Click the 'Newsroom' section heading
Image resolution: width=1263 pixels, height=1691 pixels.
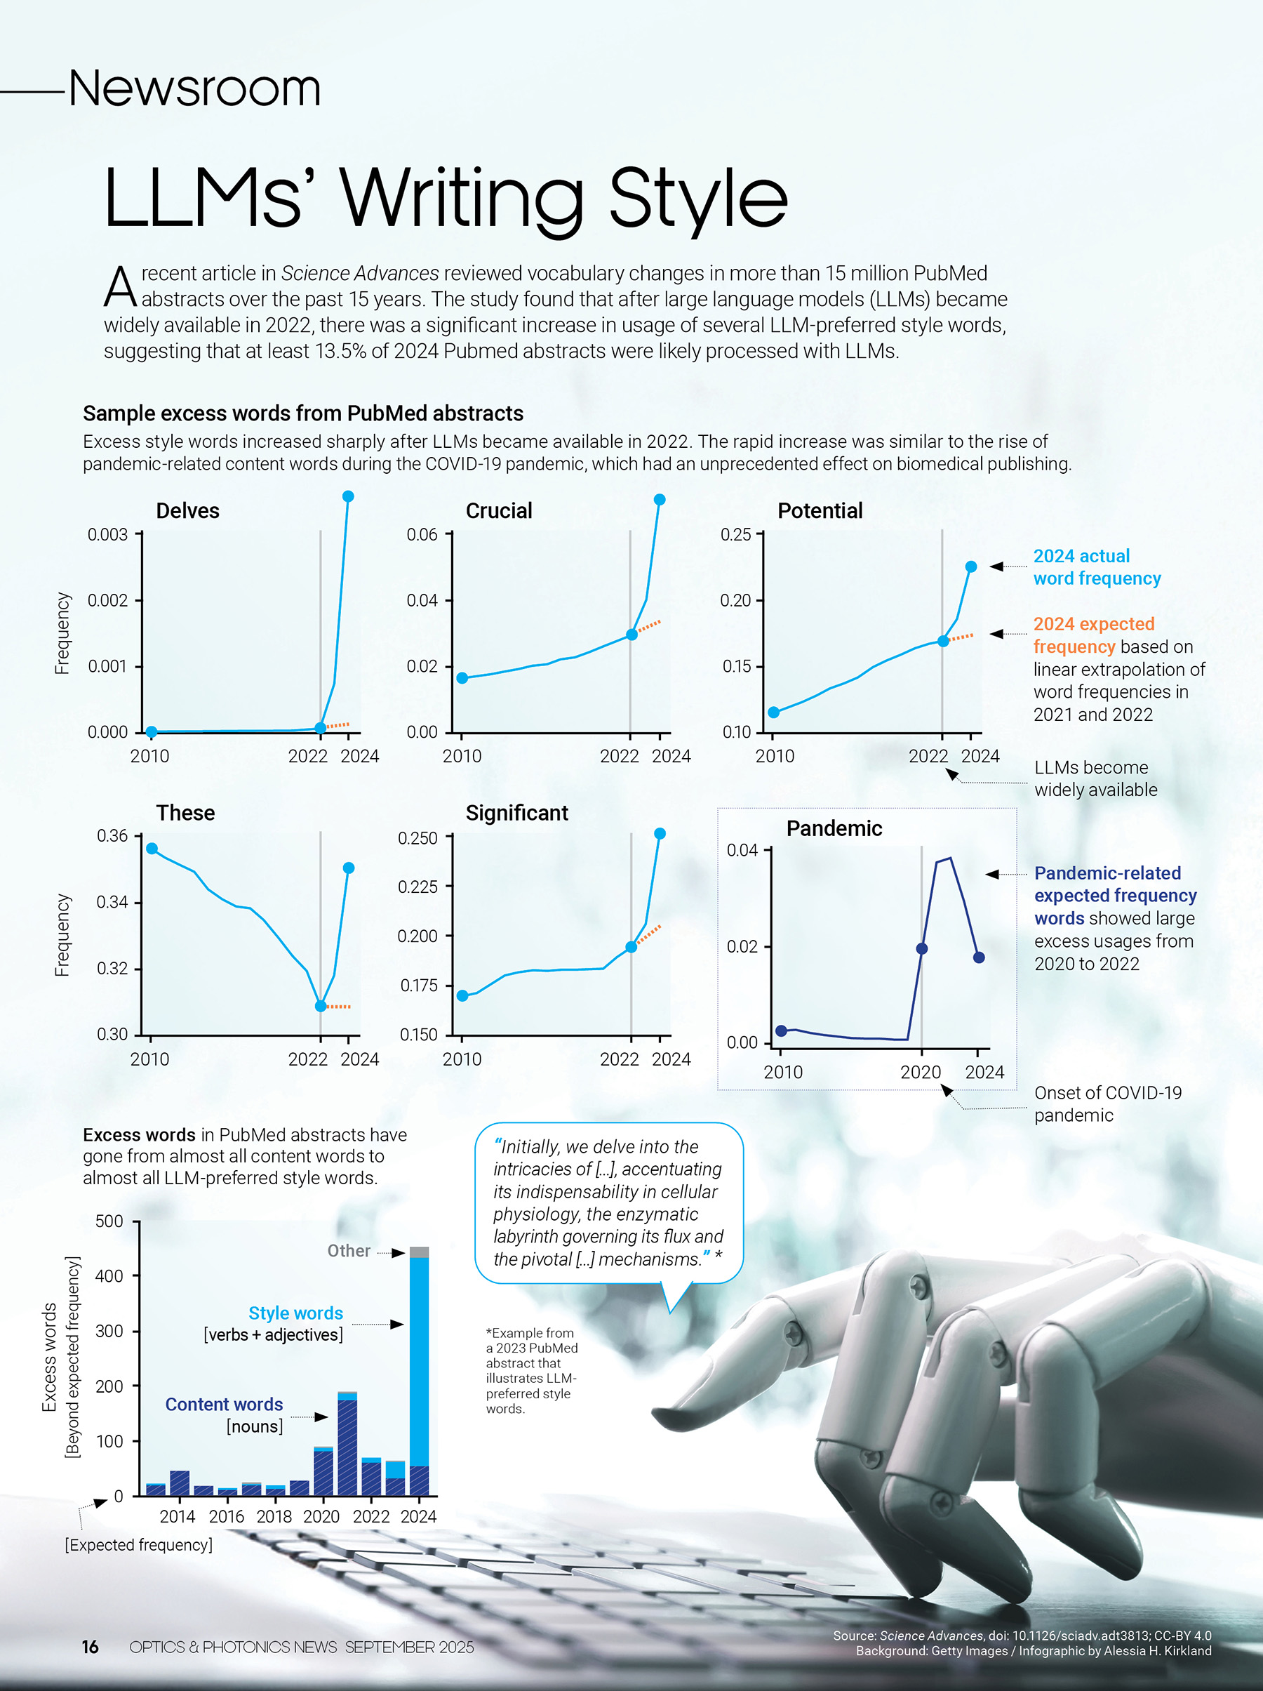pyautogui.click(x=194, y=88)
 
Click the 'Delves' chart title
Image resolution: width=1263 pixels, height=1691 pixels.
pyautogui.click(x=187, y=510)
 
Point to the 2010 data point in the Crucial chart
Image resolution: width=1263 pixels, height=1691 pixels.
pyautogui.click(x=462, y=678)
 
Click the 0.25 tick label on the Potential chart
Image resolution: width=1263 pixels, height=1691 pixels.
pyautogui.click(x=736, y=534)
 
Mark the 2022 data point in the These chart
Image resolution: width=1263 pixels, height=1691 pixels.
pyautogui.click(x=321, y=1006)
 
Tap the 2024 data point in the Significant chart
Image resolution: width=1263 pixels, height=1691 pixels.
pyautogui.click(x=660, y=833)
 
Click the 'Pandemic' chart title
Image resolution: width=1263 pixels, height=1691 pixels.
pyautogui.click(x=834, y=829)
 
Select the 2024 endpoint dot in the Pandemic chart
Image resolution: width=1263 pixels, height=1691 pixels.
pyautogui.click(x=979, y=957)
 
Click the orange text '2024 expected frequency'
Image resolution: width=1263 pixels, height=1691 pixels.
pyautogui.click(x=1093, y=635)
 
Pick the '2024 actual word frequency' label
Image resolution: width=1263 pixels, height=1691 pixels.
pyautogui.click(x=1097, y=567)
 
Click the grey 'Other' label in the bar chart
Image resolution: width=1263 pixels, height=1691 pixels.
pyautogui.click(x=349, y=1251)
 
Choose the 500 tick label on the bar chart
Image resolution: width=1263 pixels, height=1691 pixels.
pyautogui.click(x=109, y=1221)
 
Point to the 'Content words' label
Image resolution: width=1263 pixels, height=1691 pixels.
pyautogui.click(x=224, y=1405)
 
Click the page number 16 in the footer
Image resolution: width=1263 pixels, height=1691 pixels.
pyautogui.click(x=90, y=1647)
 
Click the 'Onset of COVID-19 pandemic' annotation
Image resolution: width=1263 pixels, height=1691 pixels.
pyautogui.click(x=1107, y=1103)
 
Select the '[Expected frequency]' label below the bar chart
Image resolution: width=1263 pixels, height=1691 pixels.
pyautogui.click(x=138, y=1545)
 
